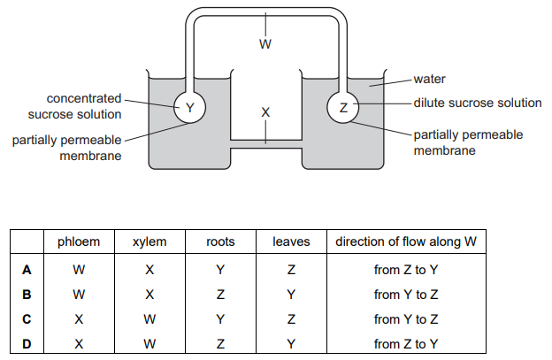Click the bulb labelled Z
coord(343,108)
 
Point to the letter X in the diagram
coord(265,112)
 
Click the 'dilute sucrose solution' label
coord(478,103)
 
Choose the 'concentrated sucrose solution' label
coord(72,106)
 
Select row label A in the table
coord(27,270)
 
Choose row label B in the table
coord(27,294)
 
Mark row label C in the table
coord(27,318)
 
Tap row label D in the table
coord(27,343)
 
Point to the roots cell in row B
coord(220,294)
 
